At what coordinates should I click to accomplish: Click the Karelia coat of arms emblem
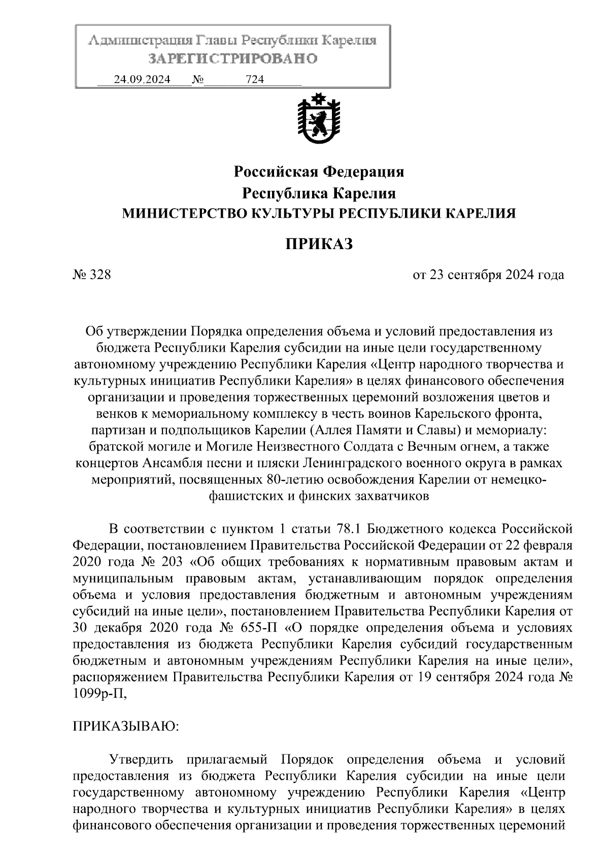(319, 120)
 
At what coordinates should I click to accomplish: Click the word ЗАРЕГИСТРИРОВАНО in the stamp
(232, 59)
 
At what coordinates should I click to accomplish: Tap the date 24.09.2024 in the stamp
(142, 80)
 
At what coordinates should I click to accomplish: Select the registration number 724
(255, 80)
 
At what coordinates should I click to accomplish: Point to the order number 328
(99, 275)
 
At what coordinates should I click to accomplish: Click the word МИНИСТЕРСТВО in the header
(182, 214)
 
